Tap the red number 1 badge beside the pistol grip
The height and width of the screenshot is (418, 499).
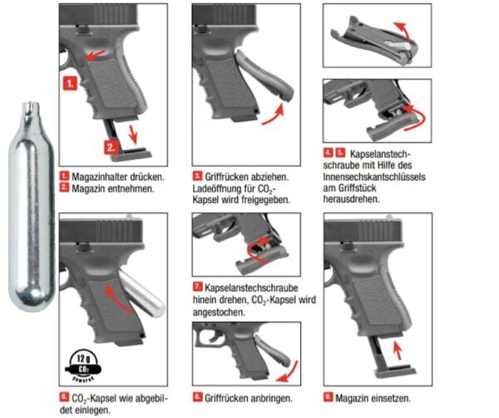(71, 84)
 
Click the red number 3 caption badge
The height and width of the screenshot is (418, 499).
(196, 177)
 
